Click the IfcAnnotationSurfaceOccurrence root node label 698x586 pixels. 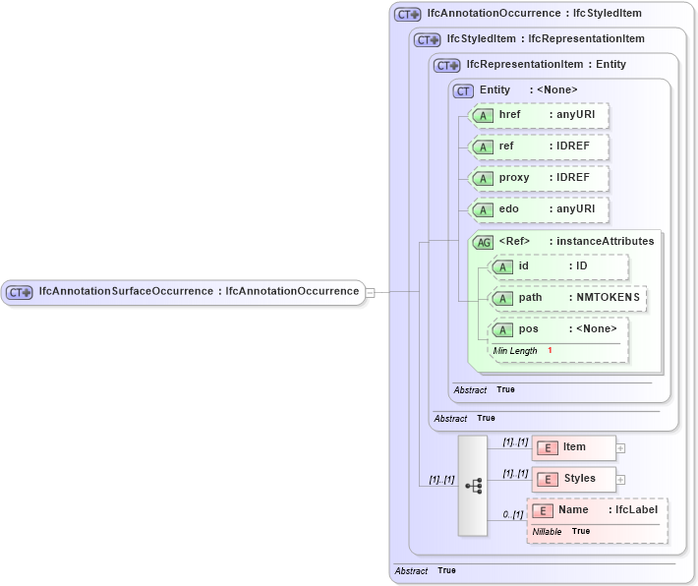pos(198,292)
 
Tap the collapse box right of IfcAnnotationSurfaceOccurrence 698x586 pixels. pos(370,292)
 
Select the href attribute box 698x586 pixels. pos(539,116)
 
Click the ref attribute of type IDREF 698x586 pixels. pos(539,146)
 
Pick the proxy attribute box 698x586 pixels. pos(539,178)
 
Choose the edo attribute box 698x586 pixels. pos(539,209)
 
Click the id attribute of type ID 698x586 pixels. pos(558,266)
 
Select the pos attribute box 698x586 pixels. pos(558,329)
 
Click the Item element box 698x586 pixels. pos(574,447)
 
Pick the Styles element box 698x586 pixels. pos(574,479)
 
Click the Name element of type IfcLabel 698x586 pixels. pos(598,510)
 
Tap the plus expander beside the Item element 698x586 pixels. pos(620,448)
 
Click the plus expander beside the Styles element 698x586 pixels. pos(620,480)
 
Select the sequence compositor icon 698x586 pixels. pos(473,486)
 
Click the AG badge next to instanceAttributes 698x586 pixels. pos(483,242)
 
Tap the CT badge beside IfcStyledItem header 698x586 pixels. pos(428,39)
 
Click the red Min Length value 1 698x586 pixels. pos(551,351)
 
